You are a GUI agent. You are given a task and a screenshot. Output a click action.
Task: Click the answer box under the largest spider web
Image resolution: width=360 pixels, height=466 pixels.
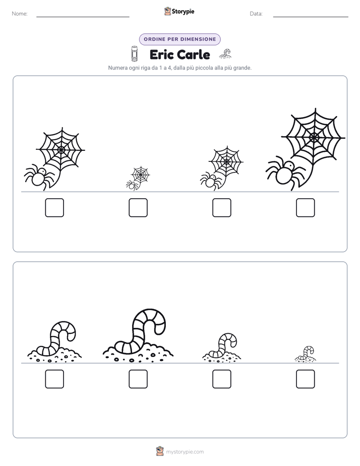(x=306, y=208)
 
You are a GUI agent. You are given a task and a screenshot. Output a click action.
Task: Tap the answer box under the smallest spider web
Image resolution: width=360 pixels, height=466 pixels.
(x=138, y=208)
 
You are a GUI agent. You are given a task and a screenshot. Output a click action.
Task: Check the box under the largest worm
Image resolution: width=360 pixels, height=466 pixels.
(x=138, y=379)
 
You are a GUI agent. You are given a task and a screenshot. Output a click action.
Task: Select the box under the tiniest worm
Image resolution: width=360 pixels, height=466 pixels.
(x=306, y=379)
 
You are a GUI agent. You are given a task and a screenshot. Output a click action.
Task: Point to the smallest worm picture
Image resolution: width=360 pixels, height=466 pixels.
(x=306, y=354)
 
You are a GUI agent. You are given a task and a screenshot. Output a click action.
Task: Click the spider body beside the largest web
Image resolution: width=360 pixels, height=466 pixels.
(x=284, y=174)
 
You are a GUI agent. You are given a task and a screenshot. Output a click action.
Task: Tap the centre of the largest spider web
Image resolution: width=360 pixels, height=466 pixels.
(x=314, y=138)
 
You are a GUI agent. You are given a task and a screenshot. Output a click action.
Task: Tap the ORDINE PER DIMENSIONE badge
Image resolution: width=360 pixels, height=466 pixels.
(x=179, y=39)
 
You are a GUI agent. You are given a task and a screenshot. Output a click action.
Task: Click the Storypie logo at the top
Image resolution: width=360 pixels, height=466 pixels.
(x=179, y=11)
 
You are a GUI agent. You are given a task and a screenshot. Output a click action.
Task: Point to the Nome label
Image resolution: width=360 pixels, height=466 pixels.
(x=20, y=14)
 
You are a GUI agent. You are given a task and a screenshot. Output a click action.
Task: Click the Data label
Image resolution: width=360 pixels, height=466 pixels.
(x=256, y=14)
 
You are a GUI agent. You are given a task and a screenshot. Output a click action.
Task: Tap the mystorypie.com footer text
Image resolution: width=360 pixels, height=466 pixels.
(x=185, y=452)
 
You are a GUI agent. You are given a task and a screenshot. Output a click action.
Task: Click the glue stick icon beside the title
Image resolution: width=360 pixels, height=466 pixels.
(x=134, y=53)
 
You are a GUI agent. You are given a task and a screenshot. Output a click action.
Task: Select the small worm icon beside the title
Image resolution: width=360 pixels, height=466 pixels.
(x=225, y=53)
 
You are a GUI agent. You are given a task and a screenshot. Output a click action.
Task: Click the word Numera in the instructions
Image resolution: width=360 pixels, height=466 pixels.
(x=117, y=68)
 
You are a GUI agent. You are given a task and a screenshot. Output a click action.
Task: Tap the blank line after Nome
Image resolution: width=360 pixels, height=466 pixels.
(x=83, y=17)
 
